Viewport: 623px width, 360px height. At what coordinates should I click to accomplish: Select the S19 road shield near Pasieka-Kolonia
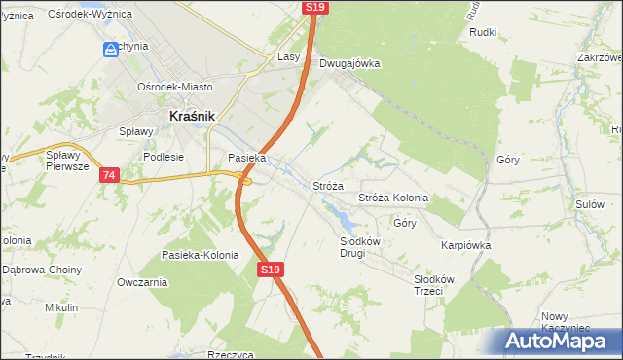(271, 270)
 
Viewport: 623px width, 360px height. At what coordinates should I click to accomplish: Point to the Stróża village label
(327, 186)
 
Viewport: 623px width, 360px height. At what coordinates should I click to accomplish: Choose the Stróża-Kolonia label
(393, 198)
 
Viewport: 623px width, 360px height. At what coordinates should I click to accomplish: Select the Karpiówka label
(465, 246)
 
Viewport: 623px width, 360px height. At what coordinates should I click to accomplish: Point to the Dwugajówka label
(349, 64)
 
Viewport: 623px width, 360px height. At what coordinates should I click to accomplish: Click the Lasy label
(288, 57)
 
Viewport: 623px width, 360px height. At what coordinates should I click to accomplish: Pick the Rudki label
(483, 32)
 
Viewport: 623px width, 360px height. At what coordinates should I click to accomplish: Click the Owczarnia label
(142, 282)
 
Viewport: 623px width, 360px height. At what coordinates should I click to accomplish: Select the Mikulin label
(61, 307)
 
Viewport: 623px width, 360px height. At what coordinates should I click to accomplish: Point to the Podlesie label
(163, 156)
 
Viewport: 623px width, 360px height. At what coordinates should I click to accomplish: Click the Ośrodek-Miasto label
(174, 85)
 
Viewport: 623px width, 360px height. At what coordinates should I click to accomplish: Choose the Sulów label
(590, 204)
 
